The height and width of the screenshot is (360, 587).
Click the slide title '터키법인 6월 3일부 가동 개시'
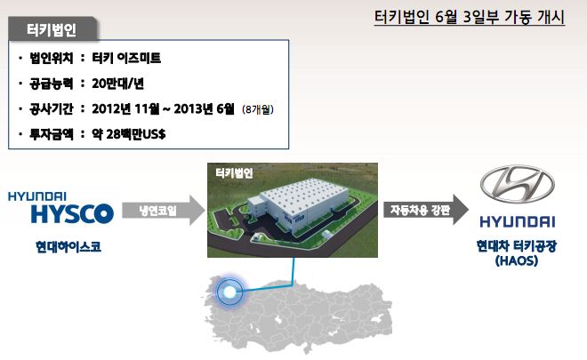470,17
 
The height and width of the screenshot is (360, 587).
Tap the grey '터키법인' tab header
52,29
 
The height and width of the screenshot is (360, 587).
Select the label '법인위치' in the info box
52,58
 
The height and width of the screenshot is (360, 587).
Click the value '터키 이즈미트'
126,58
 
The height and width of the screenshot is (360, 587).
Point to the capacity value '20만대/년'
117,84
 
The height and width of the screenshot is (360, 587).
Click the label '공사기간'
52,109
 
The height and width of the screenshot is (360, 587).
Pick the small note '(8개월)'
258,109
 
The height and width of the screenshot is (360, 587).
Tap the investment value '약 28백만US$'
129,134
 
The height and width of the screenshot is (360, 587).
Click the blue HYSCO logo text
72,213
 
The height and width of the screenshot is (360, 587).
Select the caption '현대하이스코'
68,246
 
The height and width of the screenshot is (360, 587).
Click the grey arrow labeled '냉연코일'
164,211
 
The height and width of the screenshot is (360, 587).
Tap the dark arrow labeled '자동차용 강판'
426,210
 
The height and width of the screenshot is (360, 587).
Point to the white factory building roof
305,194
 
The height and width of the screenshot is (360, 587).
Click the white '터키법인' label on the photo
234,173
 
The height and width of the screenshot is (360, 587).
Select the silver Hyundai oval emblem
518,184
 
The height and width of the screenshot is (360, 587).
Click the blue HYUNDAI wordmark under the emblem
518,222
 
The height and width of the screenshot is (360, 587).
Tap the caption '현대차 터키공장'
517,246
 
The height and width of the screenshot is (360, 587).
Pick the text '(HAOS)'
517,260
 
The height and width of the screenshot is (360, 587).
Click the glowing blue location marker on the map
229,292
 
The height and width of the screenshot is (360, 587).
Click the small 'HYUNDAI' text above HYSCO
37,196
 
